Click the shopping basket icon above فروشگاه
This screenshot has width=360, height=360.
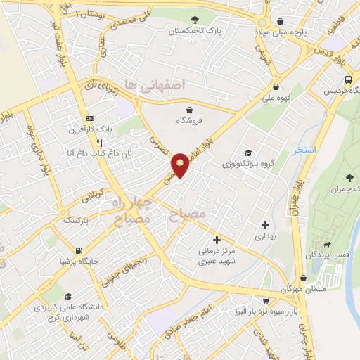pyautogui.click(x=191, y=108)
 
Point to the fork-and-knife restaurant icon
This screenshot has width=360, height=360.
pyautogui.click(x=109, y=141)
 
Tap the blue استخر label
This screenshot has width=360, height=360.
pyautogui.click(x=306, y=151)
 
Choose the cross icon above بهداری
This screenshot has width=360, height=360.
pyautogui.click(x=265, y=226)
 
